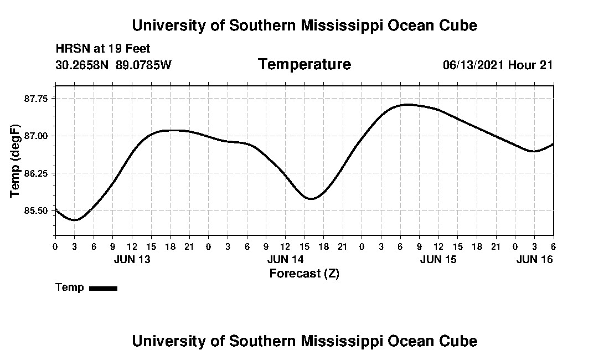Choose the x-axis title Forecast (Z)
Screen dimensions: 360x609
click(304, 273)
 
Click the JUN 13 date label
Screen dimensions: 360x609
click(132, 259)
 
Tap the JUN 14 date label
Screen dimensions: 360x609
click(285, 259)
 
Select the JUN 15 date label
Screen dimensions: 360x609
click(438, 259)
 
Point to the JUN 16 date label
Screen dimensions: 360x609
click(534, 259)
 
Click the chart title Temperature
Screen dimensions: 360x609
click(304, 65)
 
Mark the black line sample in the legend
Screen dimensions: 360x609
click(103, 288)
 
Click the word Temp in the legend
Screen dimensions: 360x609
click(70, 287)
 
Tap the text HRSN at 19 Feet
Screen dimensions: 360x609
click(103, 49)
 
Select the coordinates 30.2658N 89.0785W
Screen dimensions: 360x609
click(113, 65)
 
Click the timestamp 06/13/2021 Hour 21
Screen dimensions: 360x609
click(498, 65)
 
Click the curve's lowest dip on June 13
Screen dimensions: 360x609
click(75, 220)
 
